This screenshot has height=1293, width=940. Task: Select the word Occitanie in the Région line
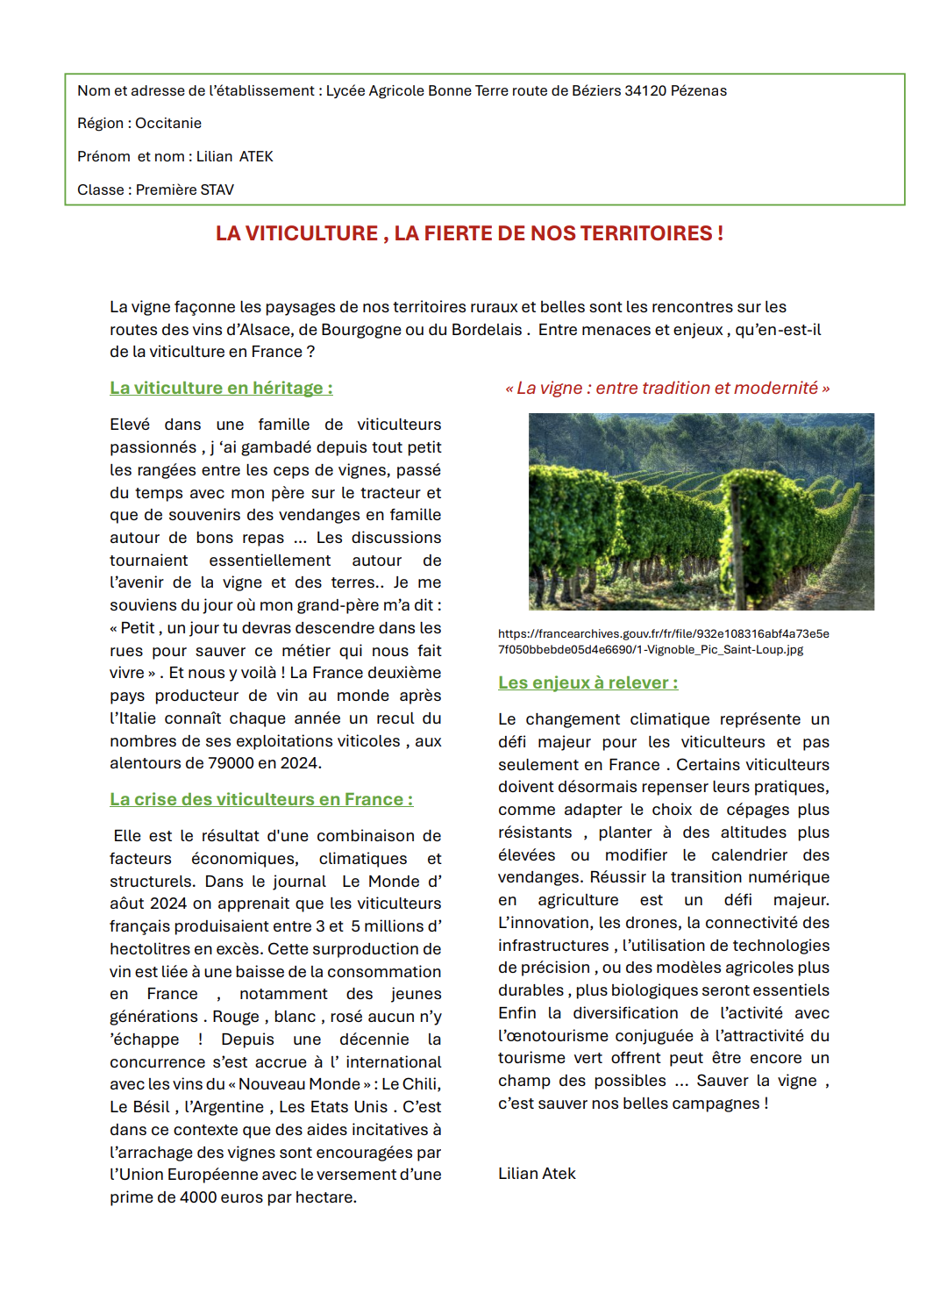pos(168,124)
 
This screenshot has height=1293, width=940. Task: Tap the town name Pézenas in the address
pos(698,91)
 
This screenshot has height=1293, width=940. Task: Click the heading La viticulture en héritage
pos(220,388)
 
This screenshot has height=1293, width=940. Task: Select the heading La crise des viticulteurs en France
pos(260,799)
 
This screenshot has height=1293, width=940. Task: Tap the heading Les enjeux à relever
pos(587,682)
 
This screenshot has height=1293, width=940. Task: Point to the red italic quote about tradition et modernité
pos(667,388)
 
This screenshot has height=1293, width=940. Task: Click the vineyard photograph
pos(701,511)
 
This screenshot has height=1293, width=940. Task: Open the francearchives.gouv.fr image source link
pos(663,641)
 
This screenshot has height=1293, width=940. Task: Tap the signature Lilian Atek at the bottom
pos(537,1174)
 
